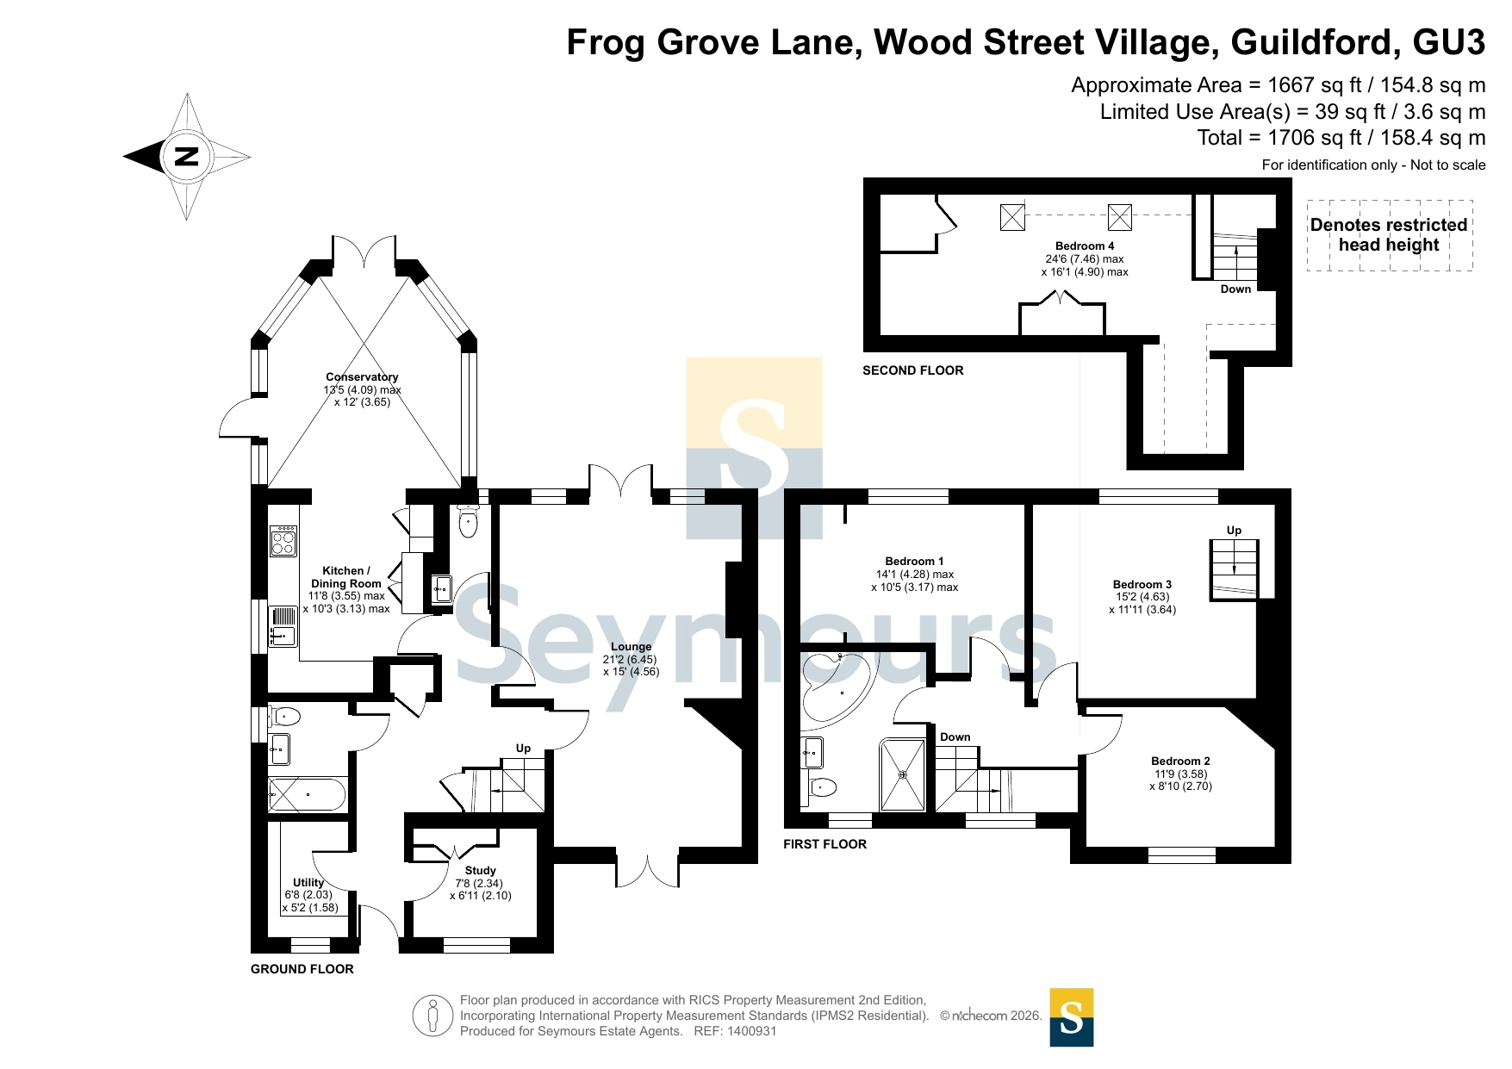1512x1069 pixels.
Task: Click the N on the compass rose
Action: (187, 157)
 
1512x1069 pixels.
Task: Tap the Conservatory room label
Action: (362, 376)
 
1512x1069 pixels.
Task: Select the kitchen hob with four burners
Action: (283, 541)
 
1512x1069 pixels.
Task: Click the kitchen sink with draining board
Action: (283, 626)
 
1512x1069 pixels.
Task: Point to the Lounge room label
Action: (631, 646)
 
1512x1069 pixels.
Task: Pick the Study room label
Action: (480, 870)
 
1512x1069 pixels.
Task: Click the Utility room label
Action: (308, 882)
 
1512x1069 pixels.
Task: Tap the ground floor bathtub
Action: (307, 794)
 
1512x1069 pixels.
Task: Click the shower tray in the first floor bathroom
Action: (903, 774)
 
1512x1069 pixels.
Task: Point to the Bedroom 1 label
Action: (914, 561)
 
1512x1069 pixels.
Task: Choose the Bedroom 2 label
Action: (1180, 761)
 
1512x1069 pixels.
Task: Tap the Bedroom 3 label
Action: (1142, 584)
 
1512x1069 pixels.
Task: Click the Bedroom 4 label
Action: (1085, 245)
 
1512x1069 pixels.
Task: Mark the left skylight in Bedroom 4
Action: (1012, 217)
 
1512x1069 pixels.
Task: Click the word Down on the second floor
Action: (1235, 289)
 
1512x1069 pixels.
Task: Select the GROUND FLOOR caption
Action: (302, 969)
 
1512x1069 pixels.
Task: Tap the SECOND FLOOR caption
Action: (913, 370)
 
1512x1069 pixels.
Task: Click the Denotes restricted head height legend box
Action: (1390, 235)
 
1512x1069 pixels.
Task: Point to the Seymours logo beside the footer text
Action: (1072, 1017)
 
